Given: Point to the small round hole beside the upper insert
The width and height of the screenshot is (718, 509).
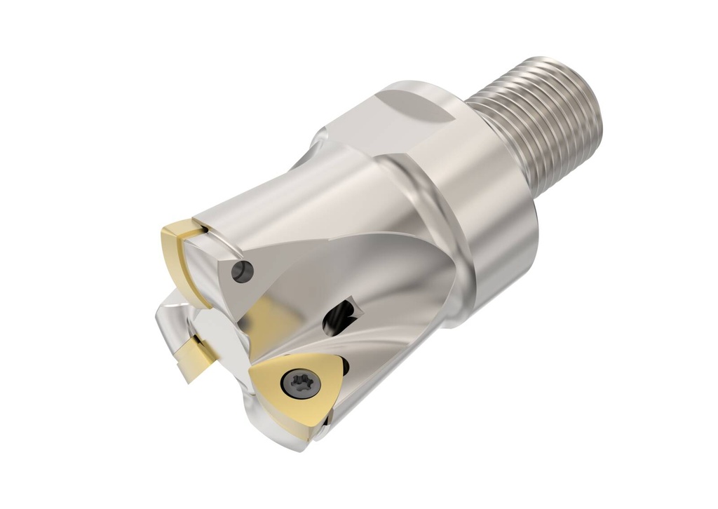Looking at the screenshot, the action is [x=242, y=270].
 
